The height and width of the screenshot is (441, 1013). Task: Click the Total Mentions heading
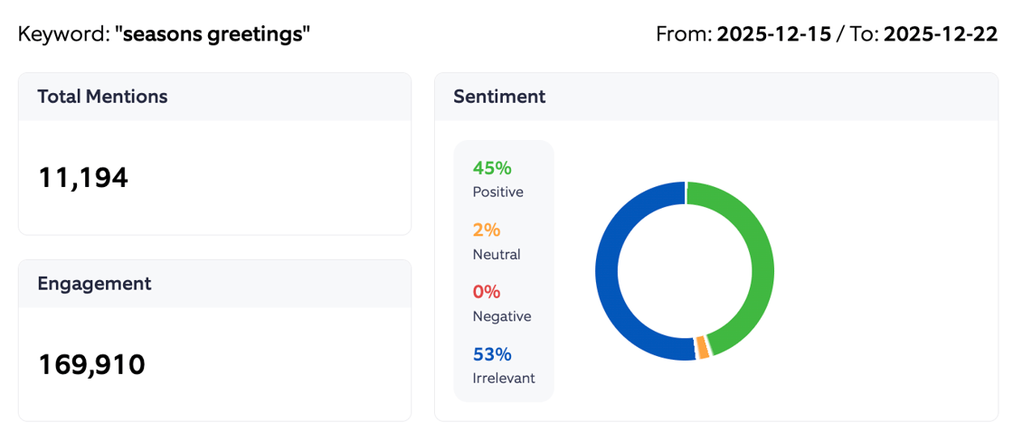[x=102, y=97]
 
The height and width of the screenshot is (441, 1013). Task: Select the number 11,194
[x=83, y=178]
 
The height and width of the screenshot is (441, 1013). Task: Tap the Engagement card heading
[x=94, y=284]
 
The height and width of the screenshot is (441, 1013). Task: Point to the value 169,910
[x=91, y=365]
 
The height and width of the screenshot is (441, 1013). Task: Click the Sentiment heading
[x=499, y=97]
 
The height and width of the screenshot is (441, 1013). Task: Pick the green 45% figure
[x=492, y=168]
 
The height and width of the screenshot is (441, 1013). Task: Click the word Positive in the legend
[x=497, y=192]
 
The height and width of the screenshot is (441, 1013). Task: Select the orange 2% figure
[x=487, y=230]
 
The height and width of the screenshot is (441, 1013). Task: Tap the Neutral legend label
[x=497, y=255]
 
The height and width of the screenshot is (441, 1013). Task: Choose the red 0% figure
[x=487, y=292]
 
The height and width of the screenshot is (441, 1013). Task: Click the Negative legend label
[x=502, y=316]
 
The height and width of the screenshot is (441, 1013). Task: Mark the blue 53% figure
[x=492, y=354]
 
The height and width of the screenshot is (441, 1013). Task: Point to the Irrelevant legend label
[x=504, y=379]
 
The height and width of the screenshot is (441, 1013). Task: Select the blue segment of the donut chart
[x=608, y=271]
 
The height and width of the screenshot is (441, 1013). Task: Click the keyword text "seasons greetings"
[x=213, y=35]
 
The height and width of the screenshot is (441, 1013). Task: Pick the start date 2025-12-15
[x=773, y=35]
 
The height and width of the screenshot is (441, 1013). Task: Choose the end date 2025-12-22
[x=941, y=35]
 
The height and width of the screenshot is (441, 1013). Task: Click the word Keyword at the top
[x=62, y=35]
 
